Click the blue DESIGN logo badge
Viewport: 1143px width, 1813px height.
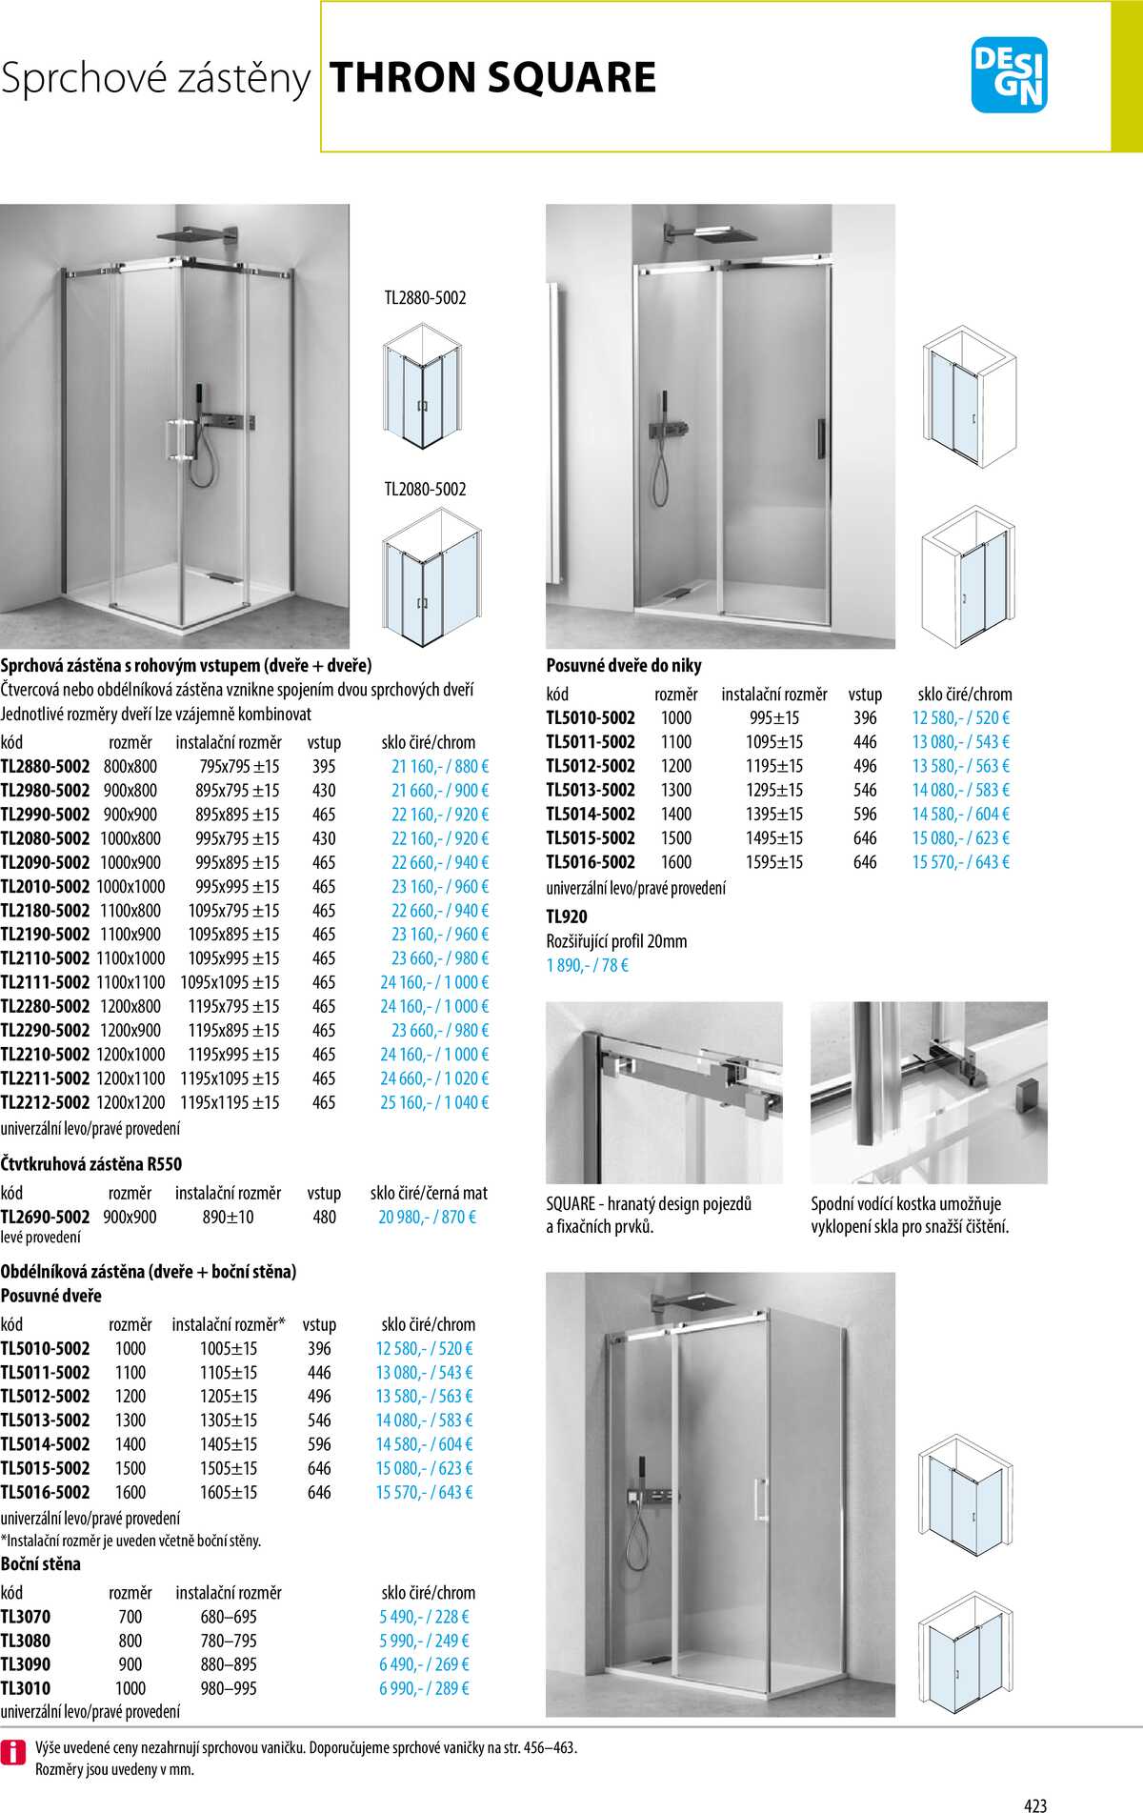point(1009,75)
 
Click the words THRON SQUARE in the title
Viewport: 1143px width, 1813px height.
point(492,78)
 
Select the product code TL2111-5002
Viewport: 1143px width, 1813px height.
point(45,982)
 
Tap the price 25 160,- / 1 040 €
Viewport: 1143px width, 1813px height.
point(434,1102)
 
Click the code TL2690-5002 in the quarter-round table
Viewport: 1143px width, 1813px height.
point(45,1217)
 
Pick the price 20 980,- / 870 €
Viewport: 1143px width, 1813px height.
point(427,1217)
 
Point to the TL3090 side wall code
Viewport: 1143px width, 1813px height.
point(26,1664)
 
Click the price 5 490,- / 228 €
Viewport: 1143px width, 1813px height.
point(424,1617)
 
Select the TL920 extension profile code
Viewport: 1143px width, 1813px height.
point(567,917)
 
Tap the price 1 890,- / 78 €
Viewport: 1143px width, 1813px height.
point(587,965)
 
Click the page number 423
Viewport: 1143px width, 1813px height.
point(1035,1804)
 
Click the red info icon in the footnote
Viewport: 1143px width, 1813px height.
point(13,1752)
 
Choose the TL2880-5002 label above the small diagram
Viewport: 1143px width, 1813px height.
point(425,298)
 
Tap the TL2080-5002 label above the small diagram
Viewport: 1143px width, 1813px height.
point(425,490)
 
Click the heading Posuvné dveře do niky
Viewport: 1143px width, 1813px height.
point(623,665)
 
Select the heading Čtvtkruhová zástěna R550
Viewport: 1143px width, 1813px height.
point(90,1163)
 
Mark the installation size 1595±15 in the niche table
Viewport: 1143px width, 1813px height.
point(773,862)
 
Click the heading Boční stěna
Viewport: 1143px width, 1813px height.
point(40,1563)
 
